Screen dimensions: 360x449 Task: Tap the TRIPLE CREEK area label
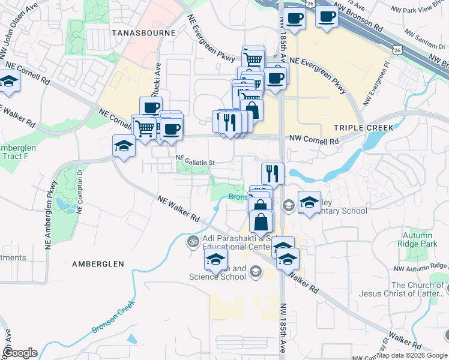(x=363, y=127)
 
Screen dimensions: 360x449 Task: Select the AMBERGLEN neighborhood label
(x=98, y=263)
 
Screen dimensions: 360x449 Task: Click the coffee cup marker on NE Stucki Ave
(x=151, y=107)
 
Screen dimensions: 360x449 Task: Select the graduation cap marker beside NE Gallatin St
(x=124, y=146)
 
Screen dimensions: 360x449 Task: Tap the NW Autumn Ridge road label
(x=420, y=266)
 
